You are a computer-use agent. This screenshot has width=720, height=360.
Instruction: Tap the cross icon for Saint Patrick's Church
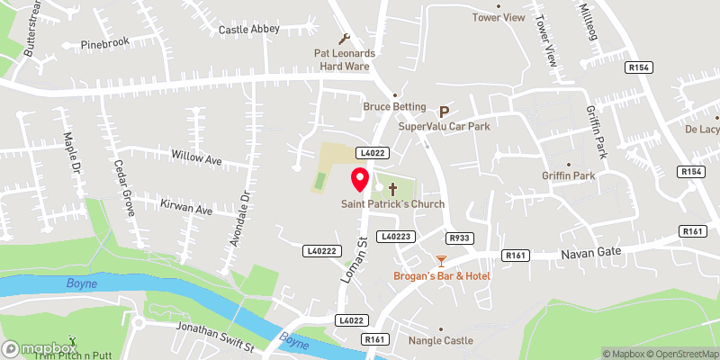392,189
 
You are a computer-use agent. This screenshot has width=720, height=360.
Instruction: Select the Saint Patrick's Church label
392,204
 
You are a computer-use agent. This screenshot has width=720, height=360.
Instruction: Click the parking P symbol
443,112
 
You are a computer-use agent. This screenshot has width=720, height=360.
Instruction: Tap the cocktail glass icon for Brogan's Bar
440,261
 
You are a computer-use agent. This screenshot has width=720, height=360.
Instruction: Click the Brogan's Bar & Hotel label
441,274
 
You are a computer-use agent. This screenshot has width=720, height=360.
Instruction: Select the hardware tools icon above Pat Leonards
344,39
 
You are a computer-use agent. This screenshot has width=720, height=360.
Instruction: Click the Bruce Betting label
393,106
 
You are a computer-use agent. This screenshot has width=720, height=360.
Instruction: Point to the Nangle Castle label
440,341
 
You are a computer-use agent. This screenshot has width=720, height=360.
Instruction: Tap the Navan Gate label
585,256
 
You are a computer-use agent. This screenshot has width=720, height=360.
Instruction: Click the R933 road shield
459,238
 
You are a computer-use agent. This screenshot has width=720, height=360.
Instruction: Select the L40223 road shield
396,236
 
